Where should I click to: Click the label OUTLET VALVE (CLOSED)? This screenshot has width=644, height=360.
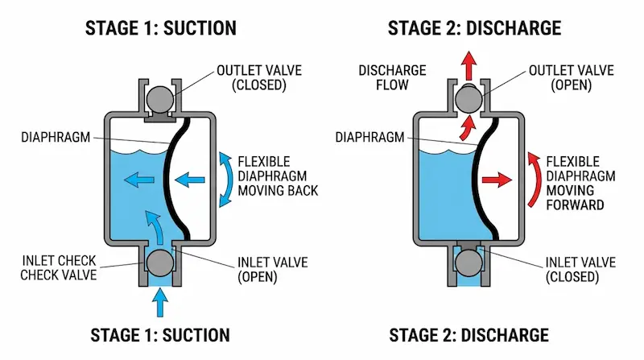coord(250,78)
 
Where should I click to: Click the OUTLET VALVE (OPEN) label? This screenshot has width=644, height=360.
coord(561,78)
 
